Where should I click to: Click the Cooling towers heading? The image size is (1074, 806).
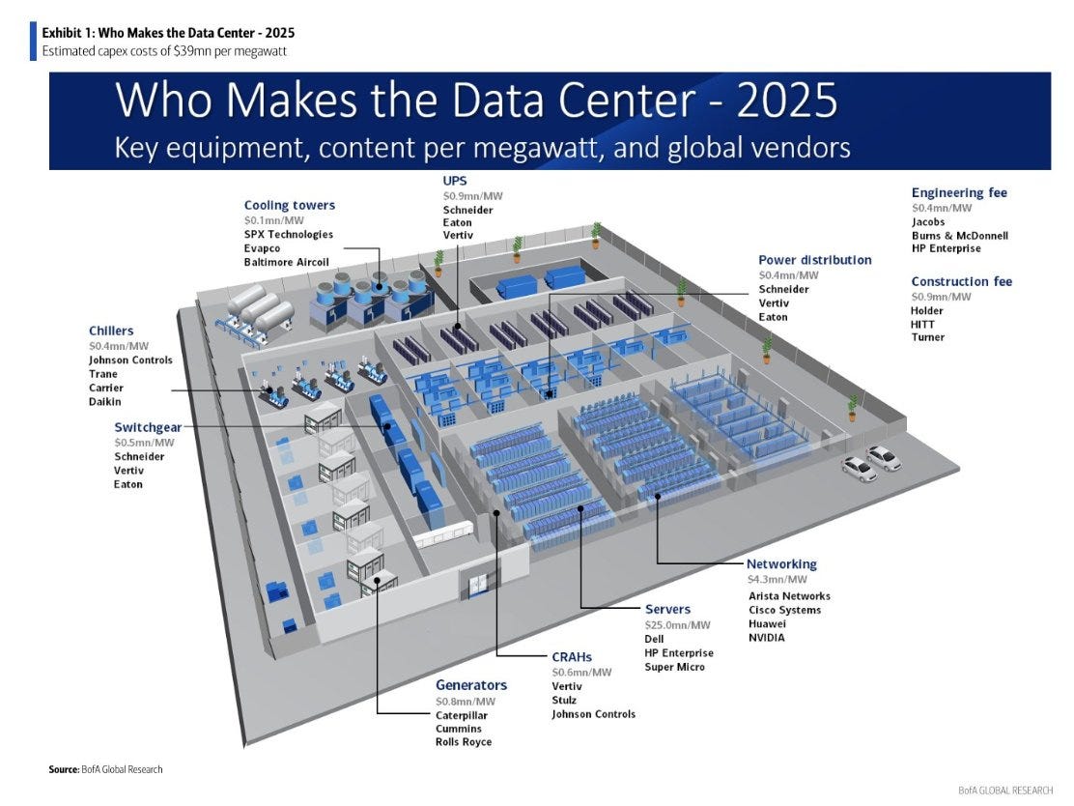click(290, 205)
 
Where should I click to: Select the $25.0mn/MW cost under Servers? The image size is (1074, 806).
click(677, 624)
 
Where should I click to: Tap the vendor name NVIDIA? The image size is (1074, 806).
click(767, 638)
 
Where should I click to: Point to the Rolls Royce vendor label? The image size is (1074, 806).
click(464, 742)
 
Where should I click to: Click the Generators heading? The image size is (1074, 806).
click(471, 685)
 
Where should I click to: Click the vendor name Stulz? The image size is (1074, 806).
click(566, 700)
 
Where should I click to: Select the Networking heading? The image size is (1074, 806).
click(781, 563)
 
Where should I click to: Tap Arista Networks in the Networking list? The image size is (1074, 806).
click(789, 596)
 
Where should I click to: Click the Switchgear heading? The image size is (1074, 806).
click(148, 427)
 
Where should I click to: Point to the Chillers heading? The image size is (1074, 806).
click(111, 331)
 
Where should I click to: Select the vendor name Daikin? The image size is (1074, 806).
click(105, 401)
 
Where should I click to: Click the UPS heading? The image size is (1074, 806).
click(455, 181)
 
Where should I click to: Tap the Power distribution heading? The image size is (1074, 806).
click(815, 260)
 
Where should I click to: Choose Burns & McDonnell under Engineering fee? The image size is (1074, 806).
click(960, 235)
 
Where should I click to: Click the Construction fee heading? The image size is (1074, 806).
click(962, 281)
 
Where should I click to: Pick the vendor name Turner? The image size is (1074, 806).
click(928, 337)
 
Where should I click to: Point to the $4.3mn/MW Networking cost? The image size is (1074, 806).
click(777, 580)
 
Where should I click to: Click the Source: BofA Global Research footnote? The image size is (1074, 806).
click(105, 769)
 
